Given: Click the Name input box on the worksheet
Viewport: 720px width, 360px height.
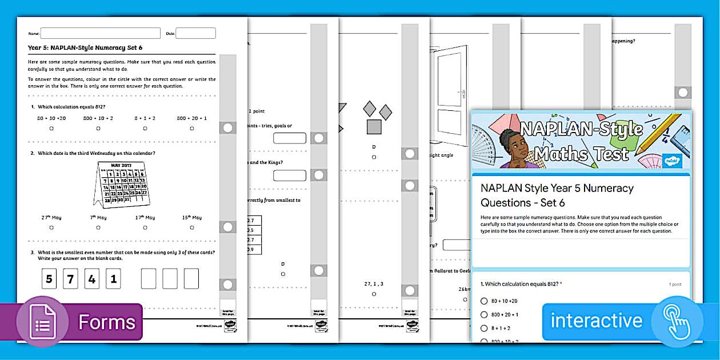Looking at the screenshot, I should click(100, 33).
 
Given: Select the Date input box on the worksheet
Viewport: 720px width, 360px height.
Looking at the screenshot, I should click(195, 33).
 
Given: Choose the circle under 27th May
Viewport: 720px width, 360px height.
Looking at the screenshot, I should click(51, 227).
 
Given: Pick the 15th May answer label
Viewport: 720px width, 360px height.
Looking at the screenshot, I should click(191, 217).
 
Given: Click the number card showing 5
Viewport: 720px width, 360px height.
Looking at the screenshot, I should click(49, 279).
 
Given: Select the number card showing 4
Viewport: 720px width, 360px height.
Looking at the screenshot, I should click(92, 279).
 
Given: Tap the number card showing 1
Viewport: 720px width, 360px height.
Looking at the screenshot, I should click(113, 279).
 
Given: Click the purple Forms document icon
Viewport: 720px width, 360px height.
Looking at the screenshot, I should click(43, 322).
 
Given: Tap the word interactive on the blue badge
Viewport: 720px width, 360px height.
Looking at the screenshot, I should click(596, 321).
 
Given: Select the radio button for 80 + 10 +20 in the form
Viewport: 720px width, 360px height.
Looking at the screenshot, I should click(484, 301).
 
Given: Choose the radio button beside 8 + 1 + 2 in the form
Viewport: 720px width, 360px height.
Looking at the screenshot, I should click(484, 328).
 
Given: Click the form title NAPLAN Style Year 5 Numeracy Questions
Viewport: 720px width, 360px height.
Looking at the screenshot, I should click(557, 195).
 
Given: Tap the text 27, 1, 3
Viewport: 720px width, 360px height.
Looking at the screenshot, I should click(374, 284).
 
